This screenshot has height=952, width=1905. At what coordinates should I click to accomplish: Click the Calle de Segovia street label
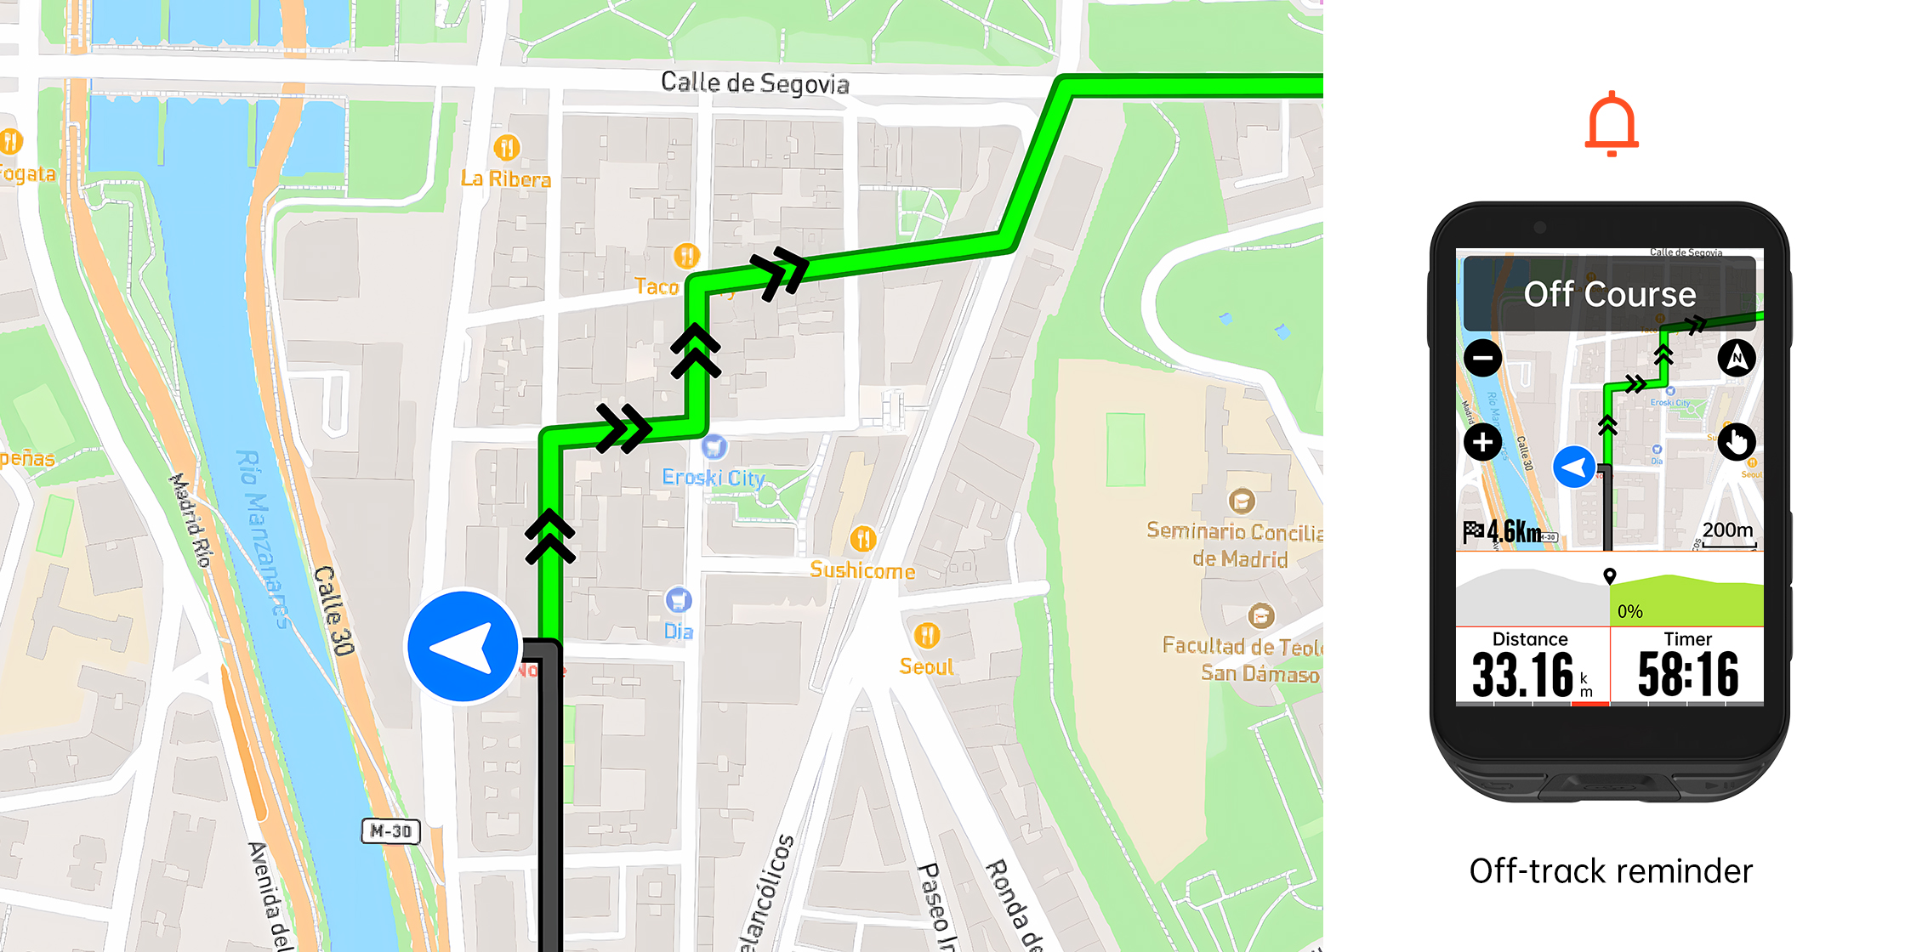pos(754,83)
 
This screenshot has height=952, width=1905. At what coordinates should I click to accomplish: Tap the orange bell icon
pos(1611,124)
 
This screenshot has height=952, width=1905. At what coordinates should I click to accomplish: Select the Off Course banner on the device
pos(1609,294)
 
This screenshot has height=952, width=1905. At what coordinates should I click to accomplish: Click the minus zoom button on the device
pos(1482,358)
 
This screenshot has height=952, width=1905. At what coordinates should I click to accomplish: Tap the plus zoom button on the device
pos(1482,442)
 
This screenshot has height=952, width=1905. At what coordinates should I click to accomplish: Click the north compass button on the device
pos(1736,358)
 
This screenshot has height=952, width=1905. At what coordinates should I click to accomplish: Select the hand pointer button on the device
pos(1736,442)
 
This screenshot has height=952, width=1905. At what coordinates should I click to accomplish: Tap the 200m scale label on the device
pos(1727,530)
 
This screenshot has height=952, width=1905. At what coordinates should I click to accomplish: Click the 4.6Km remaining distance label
pos(1513,532)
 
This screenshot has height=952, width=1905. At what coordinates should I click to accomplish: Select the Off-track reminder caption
pos(1611,871)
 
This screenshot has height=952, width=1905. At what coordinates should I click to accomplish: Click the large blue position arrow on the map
pos(463,647)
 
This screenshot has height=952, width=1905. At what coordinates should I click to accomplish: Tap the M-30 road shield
pos(391,830)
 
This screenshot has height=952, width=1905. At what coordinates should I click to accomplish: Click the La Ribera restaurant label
pos(506,179)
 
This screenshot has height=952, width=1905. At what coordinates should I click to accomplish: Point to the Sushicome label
pos(862,570)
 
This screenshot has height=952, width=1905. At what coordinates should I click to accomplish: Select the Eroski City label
pos(714,478)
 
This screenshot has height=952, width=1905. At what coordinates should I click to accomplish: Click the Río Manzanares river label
pos(264,540)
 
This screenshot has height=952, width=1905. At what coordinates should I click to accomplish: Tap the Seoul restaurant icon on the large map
pos(927,635)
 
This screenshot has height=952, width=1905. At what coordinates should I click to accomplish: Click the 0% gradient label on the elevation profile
pos(1629,611)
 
